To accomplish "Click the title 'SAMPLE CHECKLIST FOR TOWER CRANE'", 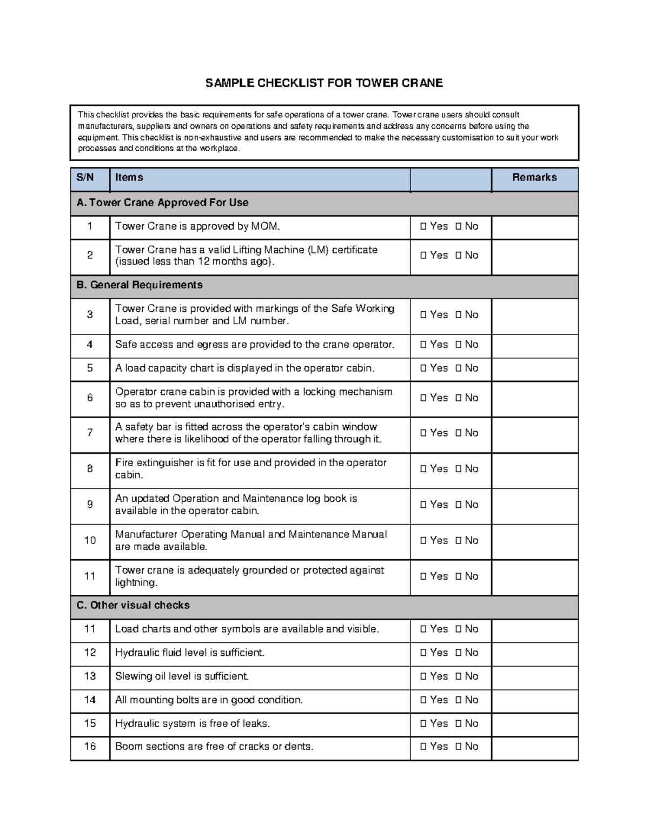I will pos(323,83).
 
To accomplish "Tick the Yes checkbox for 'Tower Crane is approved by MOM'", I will pos(423,227).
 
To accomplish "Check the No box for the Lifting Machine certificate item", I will pos(458,256).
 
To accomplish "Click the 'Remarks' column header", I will pos(534,178).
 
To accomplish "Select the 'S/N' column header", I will pos(85,178).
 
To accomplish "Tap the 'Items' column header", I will pos(129,178).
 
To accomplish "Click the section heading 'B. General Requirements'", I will pos(140,285).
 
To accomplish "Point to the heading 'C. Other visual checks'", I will pos(133,606).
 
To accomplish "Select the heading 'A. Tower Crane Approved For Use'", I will pos(162,203).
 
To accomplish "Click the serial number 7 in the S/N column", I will pos(90,433).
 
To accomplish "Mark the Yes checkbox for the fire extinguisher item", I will pos(423,469).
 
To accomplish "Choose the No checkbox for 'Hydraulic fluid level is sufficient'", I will pos(458,653).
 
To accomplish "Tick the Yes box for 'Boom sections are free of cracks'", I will pos(423,747).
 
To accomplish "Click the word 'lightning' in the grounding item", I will pos(136,583).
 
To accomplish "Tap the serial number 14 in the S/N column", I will pos(90,700).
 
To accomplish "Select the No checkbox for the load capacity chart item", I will pos(458,368).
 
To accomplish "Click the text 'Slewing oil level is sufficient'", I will pos(182,676).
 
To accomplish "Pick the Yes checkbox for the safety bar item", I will pos(423,433).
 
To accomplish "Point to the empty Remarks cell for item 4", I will pos(534,345).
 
